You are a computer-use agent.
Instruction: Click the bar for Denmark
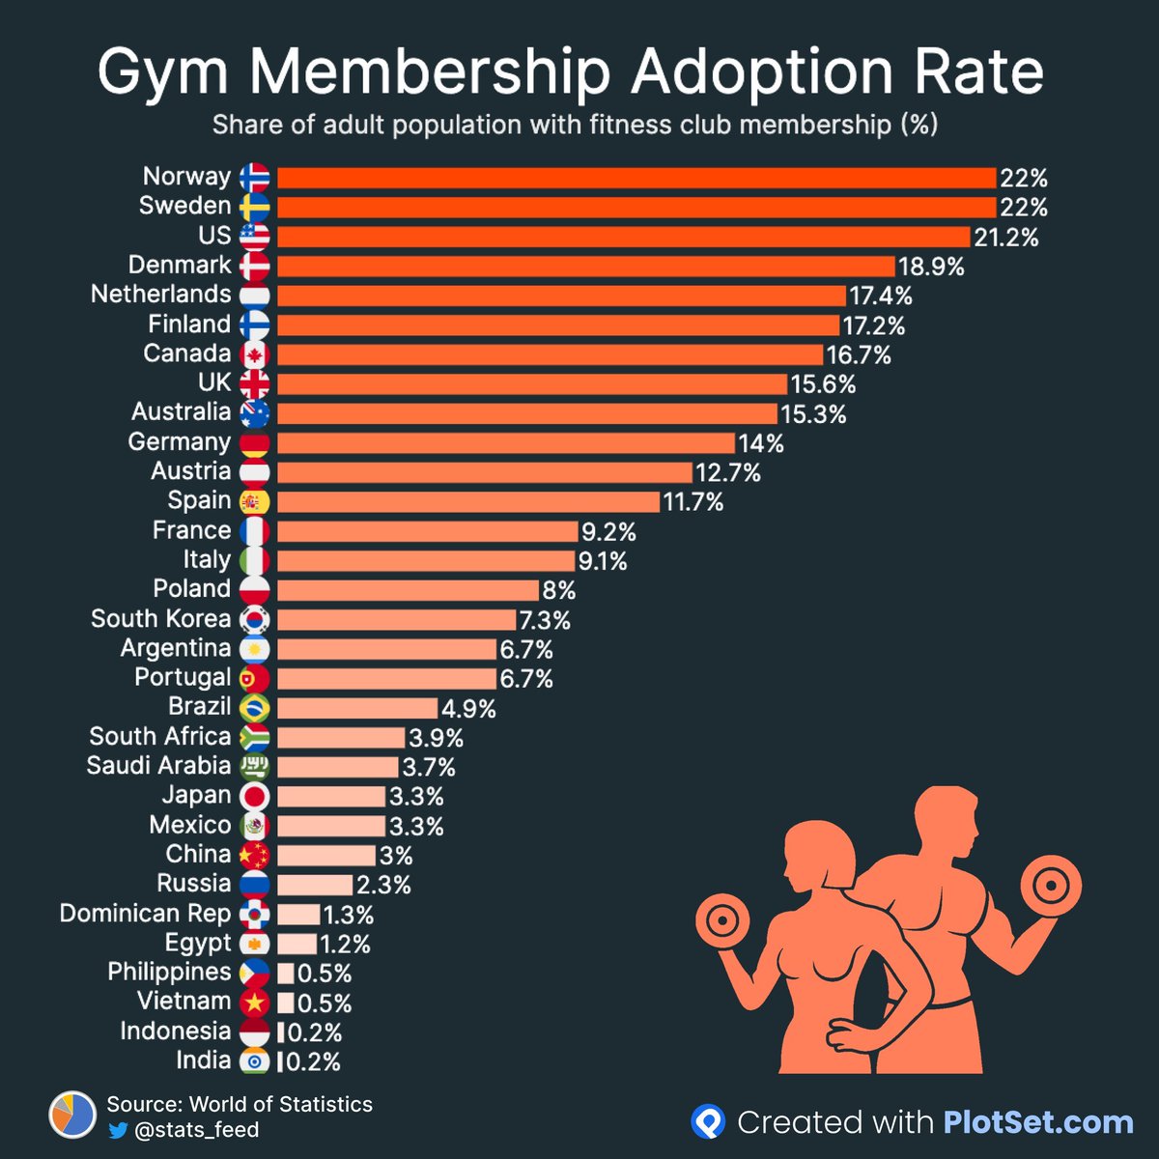[x=586, y=267]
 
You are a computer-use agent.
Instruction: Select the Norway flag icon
[x=255, y=178]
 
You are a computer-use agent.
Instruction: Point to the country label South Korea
[x=160, y=619]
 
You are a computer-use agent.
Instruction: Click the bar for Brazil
[x=357, y=708]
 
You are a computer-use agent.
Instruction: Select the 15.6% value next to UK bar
[x=823, y=384]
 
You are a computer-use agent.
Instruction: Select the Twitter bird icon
[x=119, y=1130]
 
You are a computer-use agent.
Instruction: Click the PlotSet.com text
[x=1037, y=1122]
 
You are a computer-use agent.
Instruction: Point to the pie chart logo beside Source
[x=72, y=1117]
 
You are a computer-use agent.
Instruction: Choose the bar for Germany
[x=506, y=443]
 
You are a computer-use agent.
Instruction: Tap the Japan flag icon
[x=255, y=797]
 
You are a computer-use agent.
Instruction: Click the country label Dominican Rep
[x=145, y=914]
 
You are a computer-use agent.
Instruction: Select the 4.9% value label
[x=468, y=709]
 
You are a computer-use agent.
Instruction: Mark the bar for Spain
[x=468, y=502]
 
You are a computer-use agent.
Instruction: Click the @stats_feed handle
[x=196, y=1130]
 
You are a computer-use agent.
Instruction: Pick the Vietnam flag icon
[x=255, y=1003]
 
